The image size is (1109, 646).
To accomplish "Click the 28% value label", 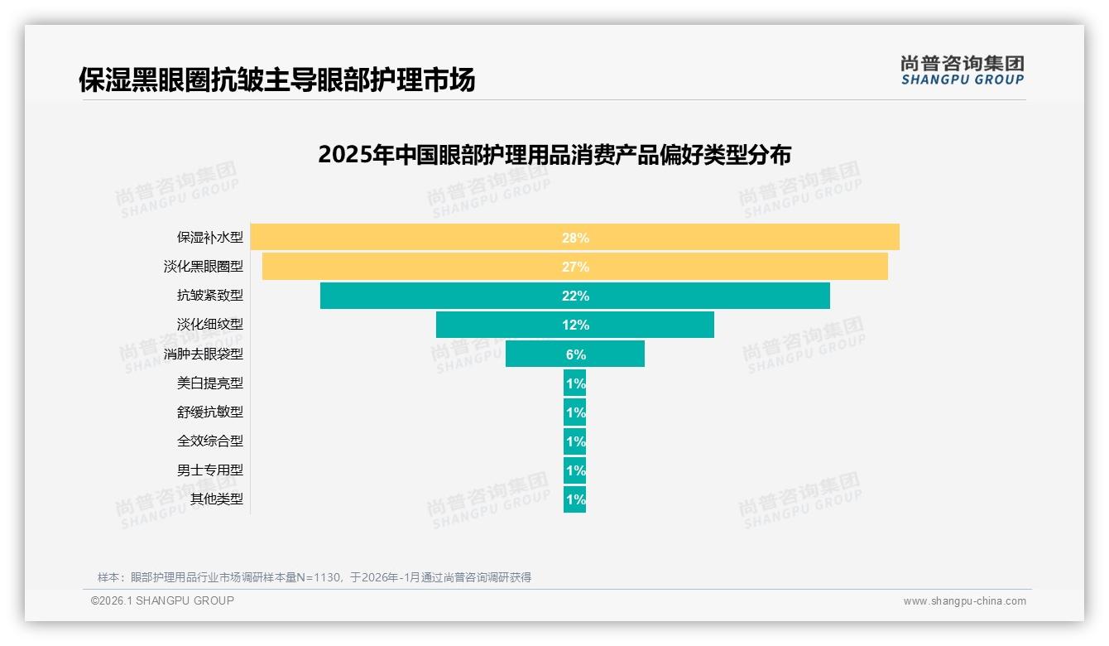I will [575, 238].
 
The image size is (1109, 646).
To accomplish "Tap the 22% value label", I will [575, 296].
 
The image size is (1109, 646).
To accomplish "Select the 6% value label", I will [575, 354].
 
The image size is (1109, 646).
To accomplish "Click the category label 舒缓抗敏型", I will [210, 412].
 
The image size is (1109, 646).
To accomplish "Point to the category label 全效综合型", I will [210, 441].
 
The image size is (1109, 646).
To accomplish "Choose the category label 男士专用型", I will [210, 470].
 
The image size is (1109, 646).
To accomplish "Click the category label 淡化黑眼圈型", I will [204, 267].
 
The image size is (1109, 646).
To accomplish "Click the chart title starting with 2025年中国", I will [554, 155].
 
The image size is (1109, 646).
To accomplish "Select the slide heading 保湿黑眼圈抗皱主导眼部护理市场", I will [277, 80].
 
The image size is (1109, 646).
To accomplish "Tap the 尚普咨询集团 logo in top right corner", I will [962, 70].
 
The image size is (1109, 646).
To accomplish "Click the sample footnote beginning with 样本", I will [314, 577].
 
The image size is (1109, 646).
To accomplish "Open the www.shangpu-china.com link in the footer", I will [964, 601].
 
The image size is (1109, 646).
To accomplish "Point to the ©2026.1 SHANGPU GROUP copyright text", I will [162, 600].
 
